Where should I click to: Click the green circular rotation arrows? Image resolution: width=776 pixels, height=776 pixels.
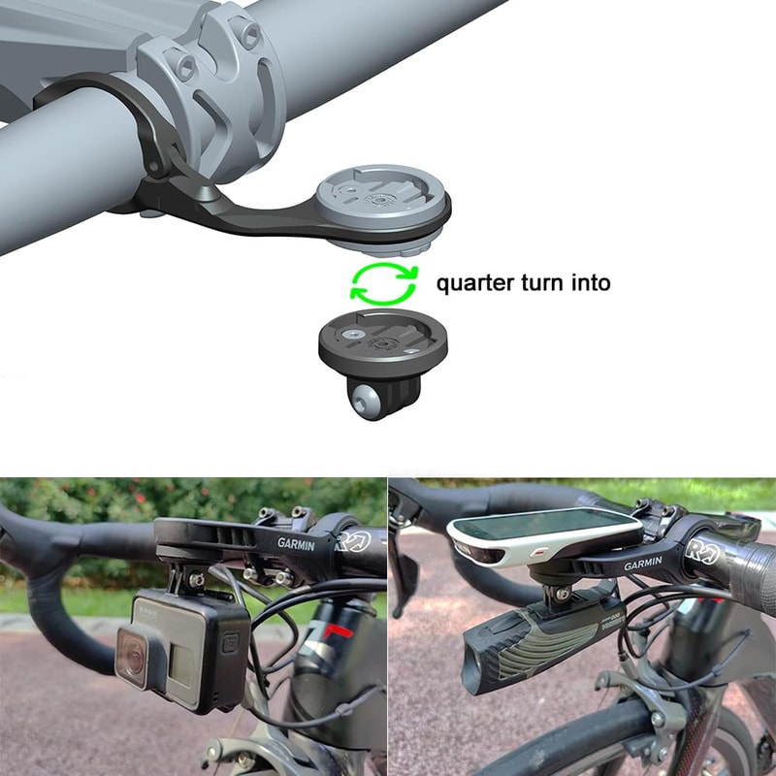tap(383, 282)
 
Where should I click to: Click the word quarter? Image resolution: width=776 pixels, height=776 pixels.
tap(471, 283)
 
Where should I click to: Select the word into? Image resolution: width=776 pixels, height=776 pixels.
tap(589, 283)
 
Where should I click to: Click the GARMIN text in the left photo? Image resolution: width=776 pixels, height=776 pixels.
tap(297, 545)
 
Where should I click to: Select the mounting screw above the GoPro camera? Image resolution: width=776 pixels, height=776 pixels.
tap(197, 579)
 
